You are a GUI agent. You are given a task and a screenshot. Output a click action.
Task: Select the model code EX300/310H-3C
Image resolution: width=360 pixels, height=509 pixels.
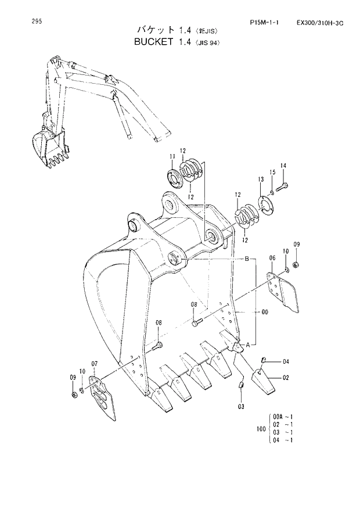[320, 24]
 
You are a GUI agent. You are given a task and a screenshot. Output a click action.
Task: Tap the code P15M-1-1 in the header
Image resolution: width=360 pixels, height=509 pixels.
[263, 24]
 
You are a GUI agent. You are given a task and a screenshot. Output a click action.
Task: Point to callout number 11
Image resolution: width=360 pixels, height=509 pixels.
[172, 156]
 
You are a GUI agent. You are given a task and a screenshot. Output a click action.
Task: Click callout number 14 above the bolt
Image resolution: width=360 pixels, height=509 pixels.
[283, 166]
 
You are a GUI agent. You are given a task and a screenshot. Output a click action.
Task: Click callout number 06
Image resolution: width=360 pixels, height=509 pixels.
[272, 257]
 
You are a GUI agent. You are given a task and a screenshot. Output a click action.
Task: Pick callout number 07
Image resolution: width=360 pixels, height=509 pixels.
[94, 364]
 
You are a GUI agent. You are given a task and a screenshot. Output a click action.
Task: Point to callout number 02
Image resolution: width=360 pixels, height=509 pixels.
[286, 378]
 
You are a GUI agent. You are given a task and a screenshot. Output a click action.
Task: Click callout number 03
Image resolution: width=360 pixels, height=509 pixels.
[240, 407]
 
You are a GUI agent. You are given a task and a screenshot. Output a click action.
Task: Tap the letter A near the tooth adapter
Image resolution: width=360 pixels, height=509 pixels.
[249, 345]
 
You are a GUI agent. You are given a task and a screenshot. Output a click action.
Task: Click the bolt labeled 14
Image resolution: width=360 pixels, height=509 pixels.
[283, 187]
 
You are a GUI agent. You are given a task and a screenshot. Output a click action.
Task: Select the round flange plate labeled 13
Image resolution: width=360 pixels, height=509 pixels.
[265, 205]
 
